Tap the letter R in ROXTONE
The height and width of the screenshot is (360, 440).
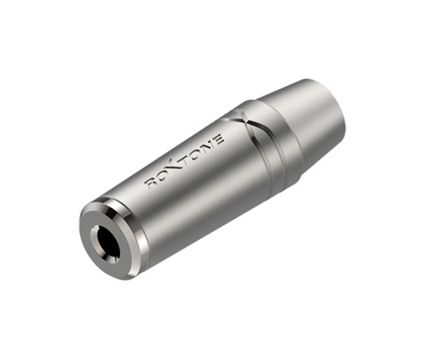pyautogui.click(x=150, y=183)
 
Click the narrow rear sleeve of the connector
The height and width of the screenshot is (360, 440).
pyautogui.click(x=316, y=120)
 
